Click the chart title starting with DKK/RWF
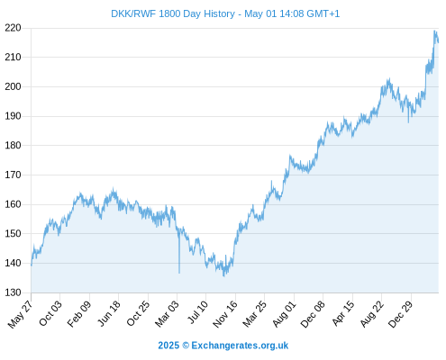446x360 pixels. (x=225, y=13)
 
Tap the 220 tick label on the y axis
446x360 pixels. (x=13, y=28)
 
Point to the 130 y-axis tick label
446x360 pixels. (x=13, y=292)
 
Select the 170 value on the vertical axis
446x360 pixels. (x=13, y=175)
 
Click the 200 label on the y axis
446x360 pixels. (x=13, y=86)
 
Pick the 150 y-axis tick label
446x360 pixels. (x=13, y=233)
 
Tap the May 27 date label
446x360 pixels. (x=20, y=314)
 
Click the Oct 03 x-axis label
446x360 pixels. (x=50, y=313)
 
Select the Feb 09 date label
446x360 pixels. (x=78, y=313)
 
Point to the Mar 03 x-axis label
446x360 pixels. (x=167, y=313)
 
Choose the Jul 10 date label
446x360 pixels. (x=197, y=312)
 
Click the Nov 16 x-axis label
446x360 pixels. (x=225, y=314)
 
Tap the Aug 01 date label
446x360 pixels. (x=284, y=314)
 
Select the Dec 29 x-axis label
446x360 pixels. (x=401, y=314)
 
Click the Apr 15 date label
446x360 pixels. (x=343, y=313)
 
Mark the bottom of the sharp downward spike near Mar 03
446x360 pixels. (x=179, y=273)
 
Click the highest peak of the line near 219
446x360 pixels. (x=434, y=31)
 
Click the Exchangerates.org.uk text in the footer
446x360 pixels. (x=240, y=346)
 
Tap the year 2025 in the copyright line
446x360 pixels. (x=168, y=346)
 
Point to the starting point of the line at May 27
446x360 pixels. (x=32, y=265)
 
